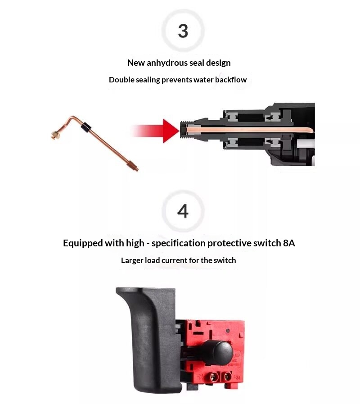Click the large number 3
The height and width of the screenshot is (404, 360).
click(183, 31)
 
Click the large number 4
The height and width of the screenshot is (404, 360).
click(183, 211)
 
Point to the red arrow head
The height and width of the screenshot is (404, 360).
click(171, 131)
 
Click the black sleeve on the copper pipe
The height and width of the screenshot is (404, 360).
click(86, 127)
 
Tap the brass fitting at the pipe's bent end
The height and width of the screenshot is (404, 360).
click(55, 135)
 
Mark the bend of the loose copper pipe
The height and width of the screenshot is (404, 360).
click(74, 118)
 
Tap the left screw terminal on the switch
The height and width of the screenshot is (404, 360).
click(213, 377)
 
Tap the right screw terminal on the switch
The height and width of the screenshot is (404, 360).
click(227, 377)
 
